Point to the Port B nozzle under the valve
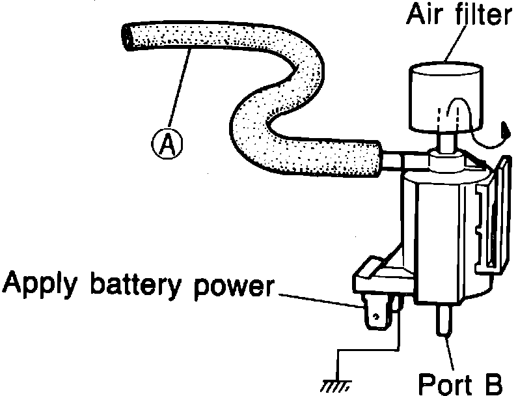pos(443,319)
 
